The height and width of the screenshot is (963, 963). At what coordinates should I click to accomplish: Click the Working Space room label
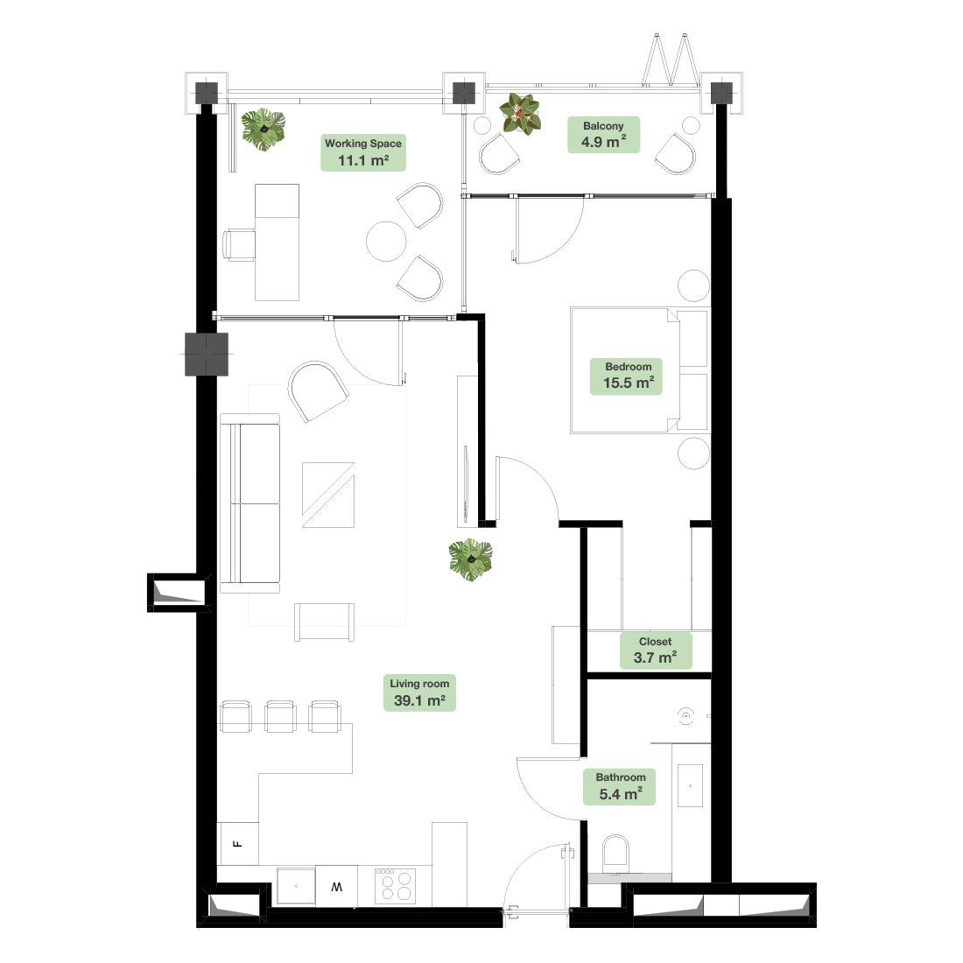click(363, 152)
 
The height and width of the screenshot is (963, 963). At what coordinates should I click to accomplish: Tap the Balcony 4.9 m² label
click(604, 135)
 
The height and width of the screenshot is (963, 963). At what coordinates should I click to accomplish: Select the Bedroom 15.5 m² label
click(626, 376)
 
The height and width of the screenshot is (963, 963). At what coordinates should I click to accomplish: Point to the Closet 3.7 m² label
click(656, 650)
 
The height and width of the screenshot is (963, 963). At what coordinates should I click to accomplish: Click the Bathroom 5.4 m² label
click(619, 787)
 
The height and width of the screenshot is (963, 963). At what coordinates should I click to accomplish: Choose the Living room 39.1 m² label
click(419, 692)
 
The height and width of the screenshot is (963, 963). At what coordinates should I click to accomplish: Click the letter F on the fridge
click(238, 844)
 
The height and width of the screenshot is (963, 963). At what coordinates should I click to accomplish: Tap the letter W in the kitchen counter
click(336, 887)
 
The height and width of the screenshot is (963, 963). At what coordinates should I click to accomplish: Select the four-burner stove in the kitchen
click(396, 886)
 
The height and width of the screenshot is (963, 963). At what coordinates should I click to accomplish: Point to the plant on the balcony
click(519, 114)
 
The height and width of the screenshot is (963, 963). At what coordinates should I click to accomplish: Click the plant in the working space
click(264, 130)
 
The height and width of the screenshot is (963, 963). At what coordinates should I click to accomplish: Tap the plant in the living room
click(470, 560)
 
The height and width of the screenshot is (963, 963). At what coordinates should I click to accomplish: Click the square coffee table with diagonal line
click(328, 495)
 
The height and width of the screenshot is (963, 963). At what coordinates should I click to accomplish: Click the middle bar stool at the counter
click(281, 716)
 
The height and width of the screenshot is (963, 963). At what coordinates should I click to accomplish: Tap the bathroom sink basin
click(691, 785)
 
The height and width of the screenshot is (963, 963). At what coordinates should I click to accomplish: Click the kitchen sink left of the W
click(296, 886)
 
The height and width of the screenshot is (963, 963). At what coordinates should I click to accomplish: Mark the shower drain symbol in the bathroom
click(686, 716)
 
